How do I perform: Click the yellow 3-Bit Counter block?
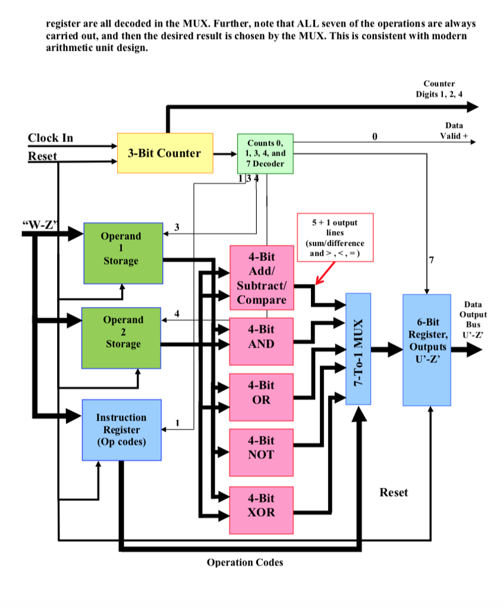[x=165, y=153]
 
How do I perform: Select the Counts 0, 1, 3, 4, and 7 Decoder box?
[x=265, y=153]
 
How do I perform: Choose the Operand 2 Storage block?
[x=121, y=337]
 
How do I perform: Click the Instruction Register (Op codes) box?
[x=121, y=429]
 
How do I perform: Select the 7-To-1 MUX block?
[x=358, y=349]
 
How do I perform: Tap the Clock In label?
[x=51, y=138]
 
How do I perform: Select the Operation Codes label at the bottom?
[x=245, y=562]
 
